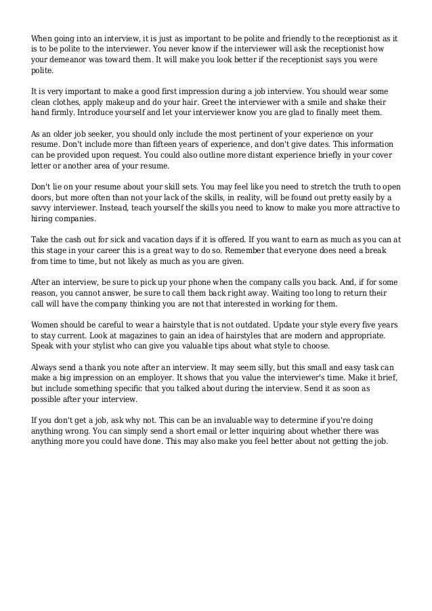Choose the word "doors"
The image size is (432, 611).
45,197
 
